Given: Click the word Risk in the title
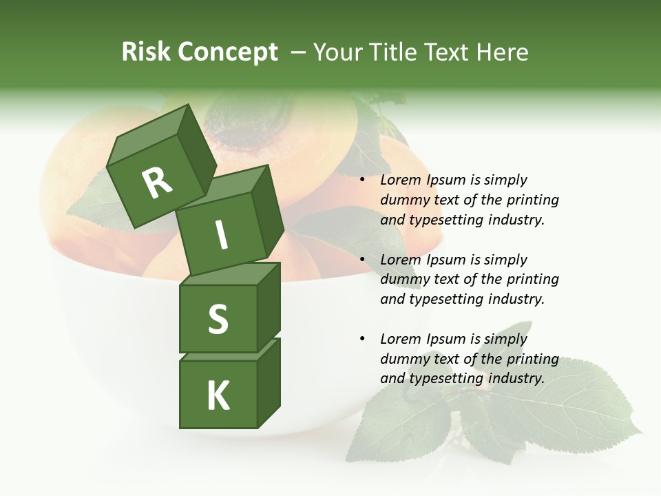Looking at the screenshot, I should pos(145,52).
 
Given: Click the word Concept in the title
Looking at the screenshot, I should pos(228,53).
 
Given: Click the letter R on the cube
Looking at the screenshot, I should pos(157,183).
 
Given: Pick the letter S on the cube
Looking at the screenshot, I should pos(218,319).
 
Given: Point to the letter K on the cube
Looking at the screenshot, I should pos(218,396).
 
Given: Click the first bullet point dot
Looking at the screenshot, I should pos(362,180).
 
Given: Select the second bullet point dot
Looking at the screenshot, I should pos(362,260).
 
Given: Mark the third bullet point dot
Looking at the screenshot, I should pos(362,340).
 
